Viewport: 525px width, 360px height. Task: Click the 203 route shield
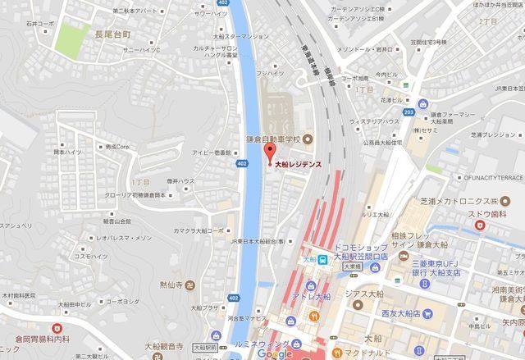pyautogui.click(x=409, y=112)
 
